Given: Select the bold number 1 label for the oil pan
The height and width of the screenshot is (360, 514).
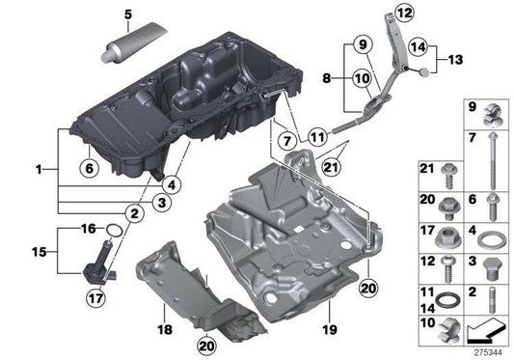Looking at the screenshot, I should (39, 169).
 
